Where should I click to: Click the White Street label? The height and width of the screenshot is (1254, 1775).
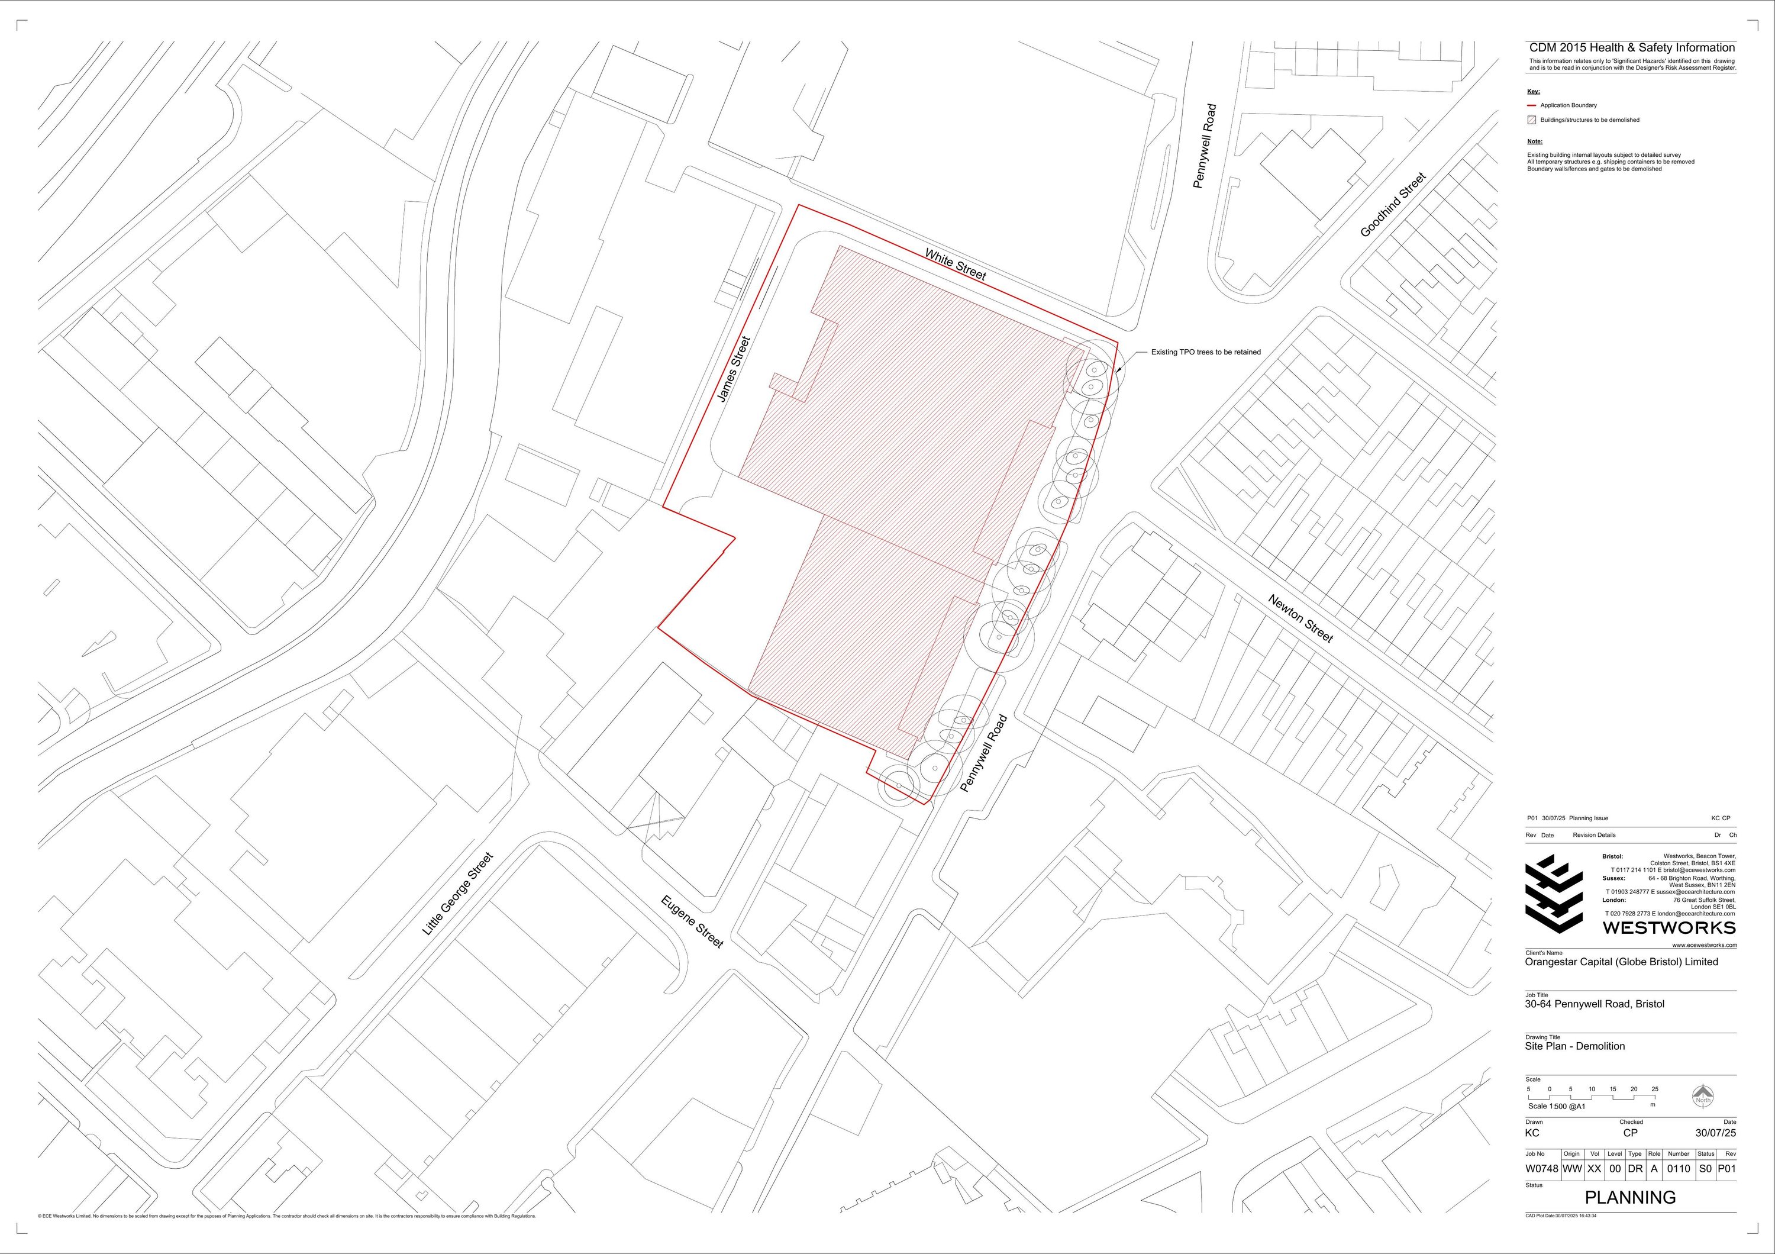(956, 265)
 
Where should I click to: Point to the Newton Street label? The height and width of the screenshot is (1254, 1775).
(1301, 618)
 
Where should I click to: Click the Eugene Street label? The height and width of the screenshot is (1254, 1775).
(692, 921)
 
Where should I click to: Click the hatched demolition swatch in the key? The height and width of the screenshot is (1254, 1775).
(1531, 120)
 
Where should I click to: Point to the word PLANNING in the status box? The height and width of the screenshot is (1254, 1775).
(1631, 1198)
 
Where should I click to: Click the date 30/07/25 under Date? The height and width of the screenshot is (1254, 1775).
(1715, 1133)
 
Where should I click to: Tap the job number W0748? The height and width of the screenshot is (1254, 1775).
(1541, 1169)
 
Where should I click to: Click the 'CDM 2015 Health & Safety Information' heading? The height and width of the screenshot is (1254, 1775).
(1631, 48)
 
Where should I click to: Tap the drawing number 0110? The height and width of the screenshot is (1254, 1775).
(1679, 1169)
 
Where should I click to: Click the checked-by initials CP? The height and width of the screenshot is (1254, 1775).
(1631, 1133)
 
